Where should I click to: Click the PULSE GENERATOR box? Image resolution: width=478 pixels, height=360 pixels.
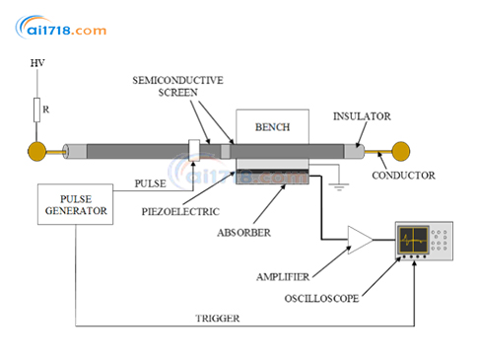pos(76,204)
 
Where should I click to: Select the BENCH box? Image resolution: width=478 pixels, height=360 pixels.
pos(272,126)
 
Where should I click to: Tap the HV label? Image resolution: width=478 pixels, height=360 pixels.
pos(37,63)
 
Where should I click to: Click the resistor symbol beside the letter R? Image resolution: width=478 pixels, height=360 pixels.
pos(37,109)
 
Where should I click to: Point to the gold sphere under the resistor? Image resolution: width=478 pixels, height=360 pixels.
pos(37,151)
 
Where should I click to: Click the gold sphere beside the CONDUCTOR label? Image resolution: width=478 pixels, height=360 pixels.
pos(401,151)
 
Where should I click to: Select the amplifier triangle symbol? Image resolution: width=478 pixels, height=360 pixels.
pos(360,240)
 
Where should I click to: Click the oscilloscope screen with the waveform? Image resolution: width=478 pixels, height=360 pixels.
pos(413,240)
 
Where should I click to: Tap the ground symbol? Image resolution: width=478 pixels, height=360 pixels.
pos(339,186)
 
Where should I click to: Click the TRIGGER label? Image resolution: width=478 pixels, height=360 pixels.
pos(218,319)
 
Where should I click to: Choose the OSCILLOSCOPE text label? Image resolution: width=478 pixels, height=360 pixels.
pos(321,298)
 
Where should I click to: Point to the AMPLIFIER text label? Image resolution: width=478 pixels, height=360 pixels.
pos(283,277)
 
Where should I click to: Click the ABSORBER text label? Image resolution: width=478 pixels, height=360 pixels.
pos(244,233)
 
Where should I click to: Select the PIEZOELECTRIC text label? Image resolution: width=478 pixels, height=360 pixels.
pos(180,211)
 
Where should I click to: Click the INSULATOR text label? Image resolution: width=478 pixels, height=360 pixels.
pos(362,116)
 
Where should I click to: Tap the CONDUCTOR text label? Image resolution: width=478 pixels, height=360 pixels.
pos(403,176)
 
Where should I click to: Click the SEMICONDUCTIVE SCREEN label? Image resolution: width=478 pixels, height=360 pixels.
pos(177,86)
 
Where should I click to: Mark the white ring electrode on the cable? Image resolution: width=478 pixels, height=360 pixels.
pos(194,151)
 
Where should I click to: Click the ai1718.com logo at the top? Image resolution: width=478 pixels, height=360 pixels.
pos(61,27)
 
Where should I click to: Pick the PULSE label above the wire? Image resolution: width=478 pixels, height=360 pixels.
pos(151,183)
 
